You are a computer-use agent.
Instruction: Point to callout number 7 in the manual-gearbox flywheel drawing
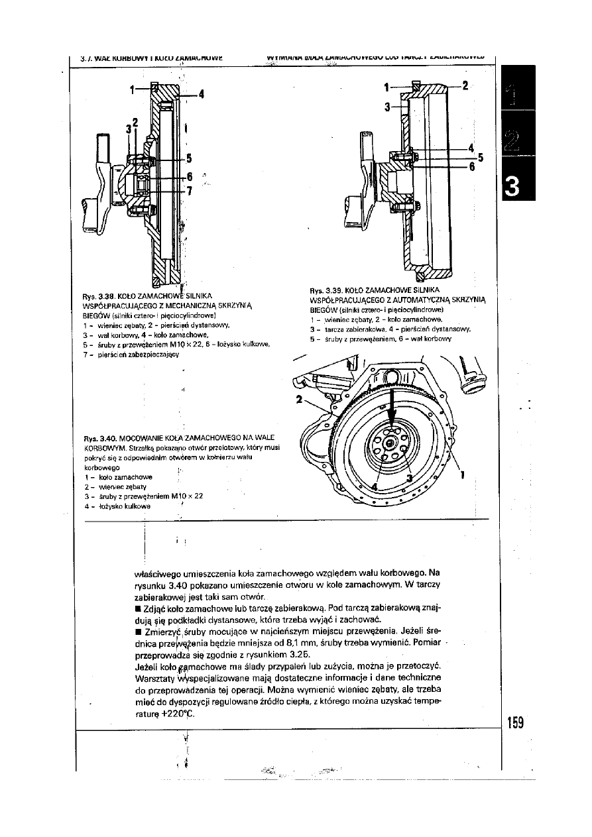190,192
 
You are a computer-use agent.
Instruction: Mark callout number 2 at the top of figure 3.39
465,85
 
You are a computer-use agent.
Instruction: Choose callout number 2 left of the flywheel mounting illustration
299,400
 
